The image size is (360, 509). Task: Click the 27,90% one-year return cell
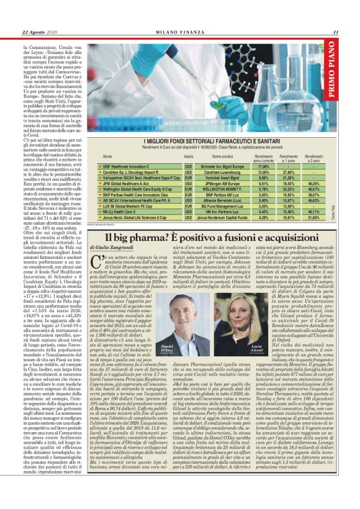[x=288, y=172]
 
